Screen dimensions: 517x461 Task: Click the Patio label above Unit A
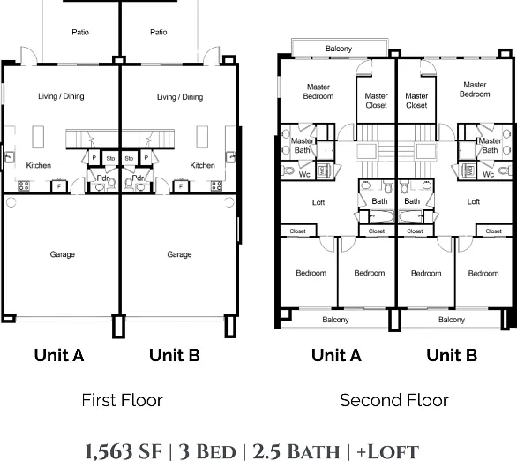80,32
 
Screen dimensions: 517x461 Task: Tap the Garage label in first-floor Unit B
179,254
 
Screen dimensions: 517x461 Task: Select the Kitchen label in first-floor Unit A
39,165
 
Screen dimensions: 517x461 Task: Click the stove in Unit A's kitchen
24,185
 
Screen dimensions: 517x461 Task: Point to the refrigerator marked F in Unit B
181,186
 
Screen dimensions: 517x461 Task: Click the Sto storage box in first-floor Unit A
110,158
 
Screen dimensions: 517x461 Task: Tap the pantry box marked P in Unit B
146,158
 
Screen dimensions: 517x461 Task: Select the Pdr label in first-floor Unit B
138,178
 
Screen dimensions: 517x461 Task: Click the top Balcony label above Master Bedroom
339,49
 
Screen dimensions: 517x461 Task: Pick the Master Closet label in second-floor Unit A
376,101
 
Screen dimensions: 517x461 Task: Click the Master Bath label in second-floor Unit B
490,146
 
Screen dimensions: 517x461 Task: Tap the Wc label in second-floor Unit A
304,174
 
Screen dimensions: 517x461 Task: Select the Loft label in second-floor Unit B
474,201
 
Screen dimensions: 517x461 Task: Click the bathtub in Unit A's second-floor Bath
381,217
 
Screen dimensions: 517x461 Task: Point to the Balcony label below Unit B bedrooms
452,320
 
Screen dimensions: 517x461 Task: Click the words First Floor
122,400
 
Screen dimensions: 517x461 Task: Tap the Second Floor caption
394,400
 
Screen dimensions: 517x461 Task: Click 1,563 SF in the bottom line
124,451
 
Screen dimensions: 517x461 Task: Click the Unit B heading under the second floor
452,355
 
